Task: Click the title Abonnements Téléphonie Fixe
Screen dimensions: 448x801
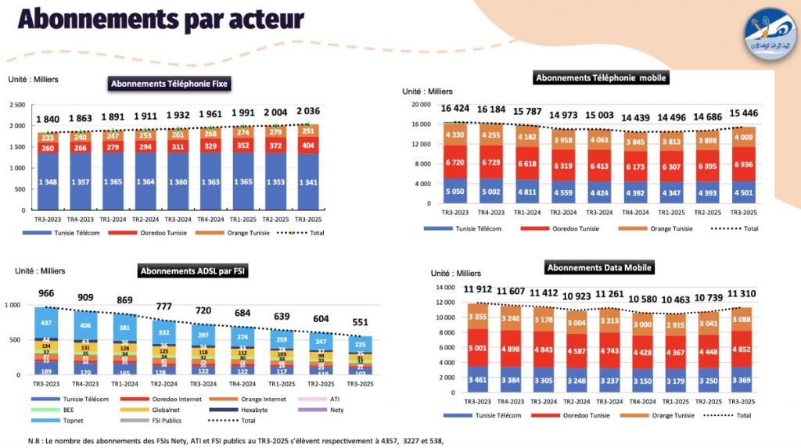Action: (x=169, y=84)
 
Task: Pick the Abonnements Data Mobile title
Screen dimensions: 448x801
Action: (x=599, y=267)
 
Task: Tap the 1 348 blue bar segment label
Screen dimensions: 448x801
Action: (x=48, y=182)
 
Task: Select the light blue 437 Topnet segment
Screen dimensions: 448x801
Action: (x=47, y=322)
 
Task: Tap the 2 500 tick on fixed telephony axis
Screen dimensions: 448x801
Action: (x=16, y=105)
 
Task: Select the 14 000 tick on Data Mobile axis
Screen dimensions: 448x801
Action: (x=444, y=288)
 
